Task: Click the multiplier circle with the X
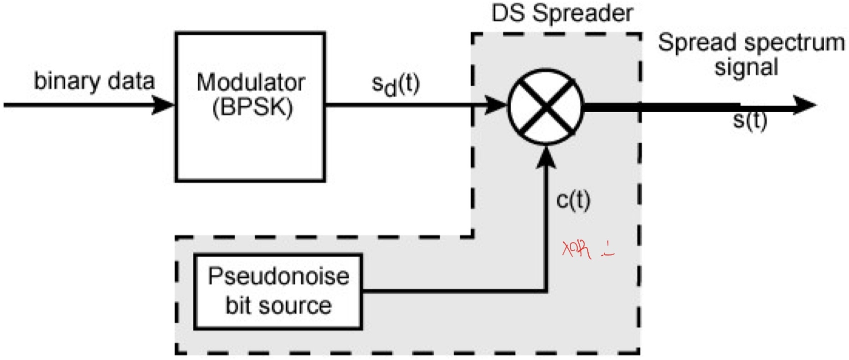[x=545, y=106]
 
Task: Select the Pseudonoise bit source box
[x=278, y=292]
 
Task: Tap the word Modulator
[x=250, y=82]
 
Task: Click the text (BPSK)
[x=252, y=108]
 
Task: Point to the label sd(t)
[x=396, y=84]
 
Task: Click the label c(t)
[x=573, y=200]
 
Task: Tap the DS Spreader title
[x=562, y=13]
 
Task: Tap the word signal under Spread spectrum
[x=746, y=67]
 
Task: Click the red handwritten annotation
[x=587, y=249]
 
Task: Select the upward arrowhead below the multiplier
[x=545, y=158]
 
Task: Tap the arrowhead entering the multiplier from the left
[x=497, y=105]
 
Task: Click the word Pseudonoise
[x=278, y=276]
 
